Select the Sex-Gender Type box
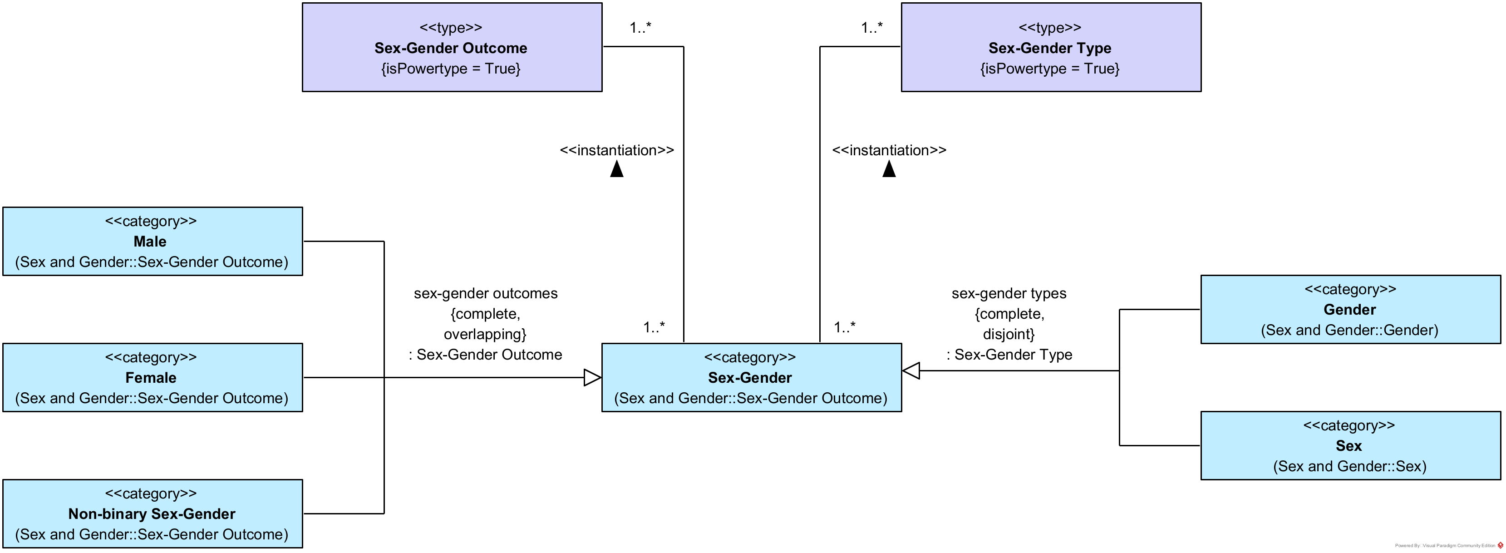click(1051, 47)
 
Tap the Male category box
click(152, 241)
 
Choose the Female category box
click(152, 377)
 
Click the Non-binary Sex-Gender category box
click(152, 513)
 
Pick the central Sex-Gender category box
click(751, 377)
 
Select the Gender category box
click(1350, 309)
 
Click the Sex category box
click(1350, 445)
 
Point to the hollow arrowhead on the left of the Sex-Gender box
click(592, 378)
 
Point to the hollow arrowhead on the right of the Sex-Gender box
click(911, 370)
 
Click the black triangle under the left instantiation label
click(617, 169)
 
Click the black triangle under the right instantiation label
click(889, 169)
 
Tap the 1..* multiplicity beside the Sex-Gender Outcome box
click(640, 28)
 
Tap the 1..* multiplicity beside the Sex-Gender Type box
click(871, 28)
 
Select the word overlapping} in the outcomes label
click(485, 334)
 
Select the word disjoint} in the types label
click(1009, 334)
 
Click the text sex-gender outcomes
click(485, 293)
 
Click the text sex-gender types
click(1009, 293)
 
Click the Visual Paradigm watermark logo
click(1500, 545)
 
